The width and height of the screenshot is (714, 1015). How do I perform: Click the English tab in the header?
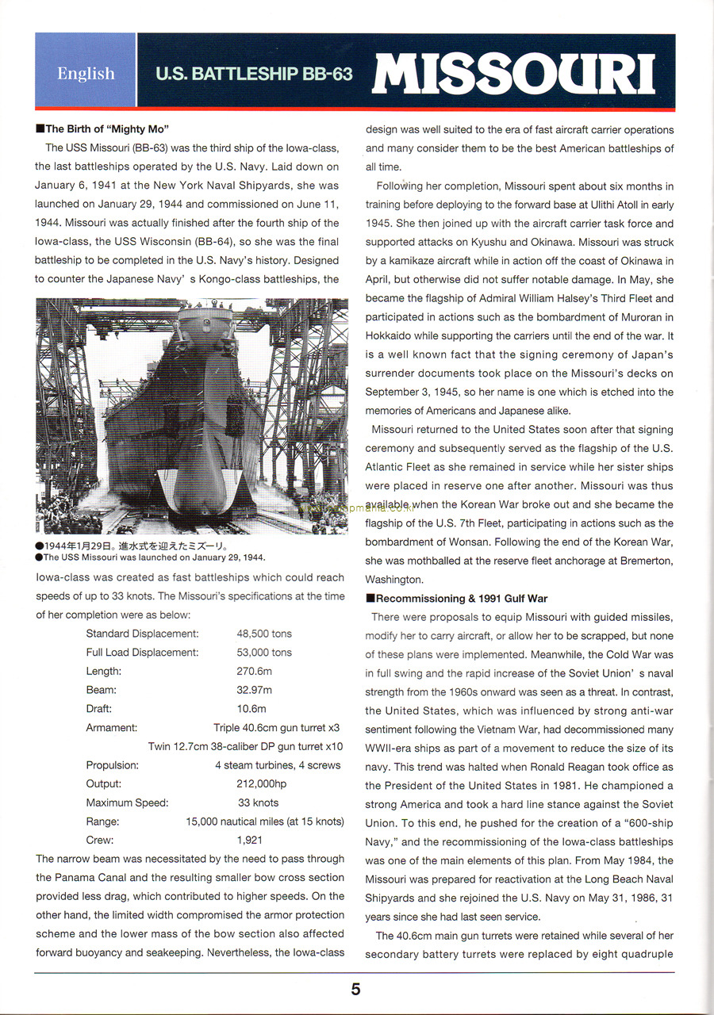pos(86,74)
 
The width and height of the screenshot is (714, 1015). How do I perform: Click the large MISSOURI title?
pos(513,74)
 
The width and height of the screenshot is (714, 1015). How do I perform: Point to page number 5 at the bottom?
pos(355,989)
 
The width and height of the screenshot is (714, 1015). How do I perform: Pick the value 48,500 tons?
pos(264,634)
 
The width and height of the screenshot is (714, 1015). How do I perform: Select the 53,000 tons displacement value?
pos(264,653)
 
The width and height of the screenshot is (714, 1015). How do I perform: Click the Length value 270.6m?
pos(254,671)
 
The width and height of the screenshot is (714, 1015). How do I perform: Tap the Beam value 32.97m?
pos(254,690)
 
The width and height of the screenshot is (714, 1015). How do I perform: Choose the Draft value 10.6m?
pos(251,709)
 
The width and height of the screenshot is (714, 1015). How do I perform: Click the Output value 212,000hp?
pos(262,784)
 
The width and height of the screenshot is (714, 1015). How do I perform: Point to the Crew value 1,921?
pos(250,840)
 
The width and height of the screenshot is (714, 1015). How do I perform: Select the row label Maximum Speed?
pos(127,802)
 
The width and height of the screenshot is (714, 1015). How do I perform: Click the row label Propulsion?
pos(112,765)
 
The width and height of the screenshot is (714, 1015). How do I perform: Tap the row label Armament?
pos(111,727)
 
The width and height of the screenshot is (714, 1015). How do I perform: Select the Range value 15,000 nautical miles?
pos(264,822)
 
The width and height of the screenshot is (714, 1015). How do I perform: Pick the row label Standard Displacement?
pos(142,634)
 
